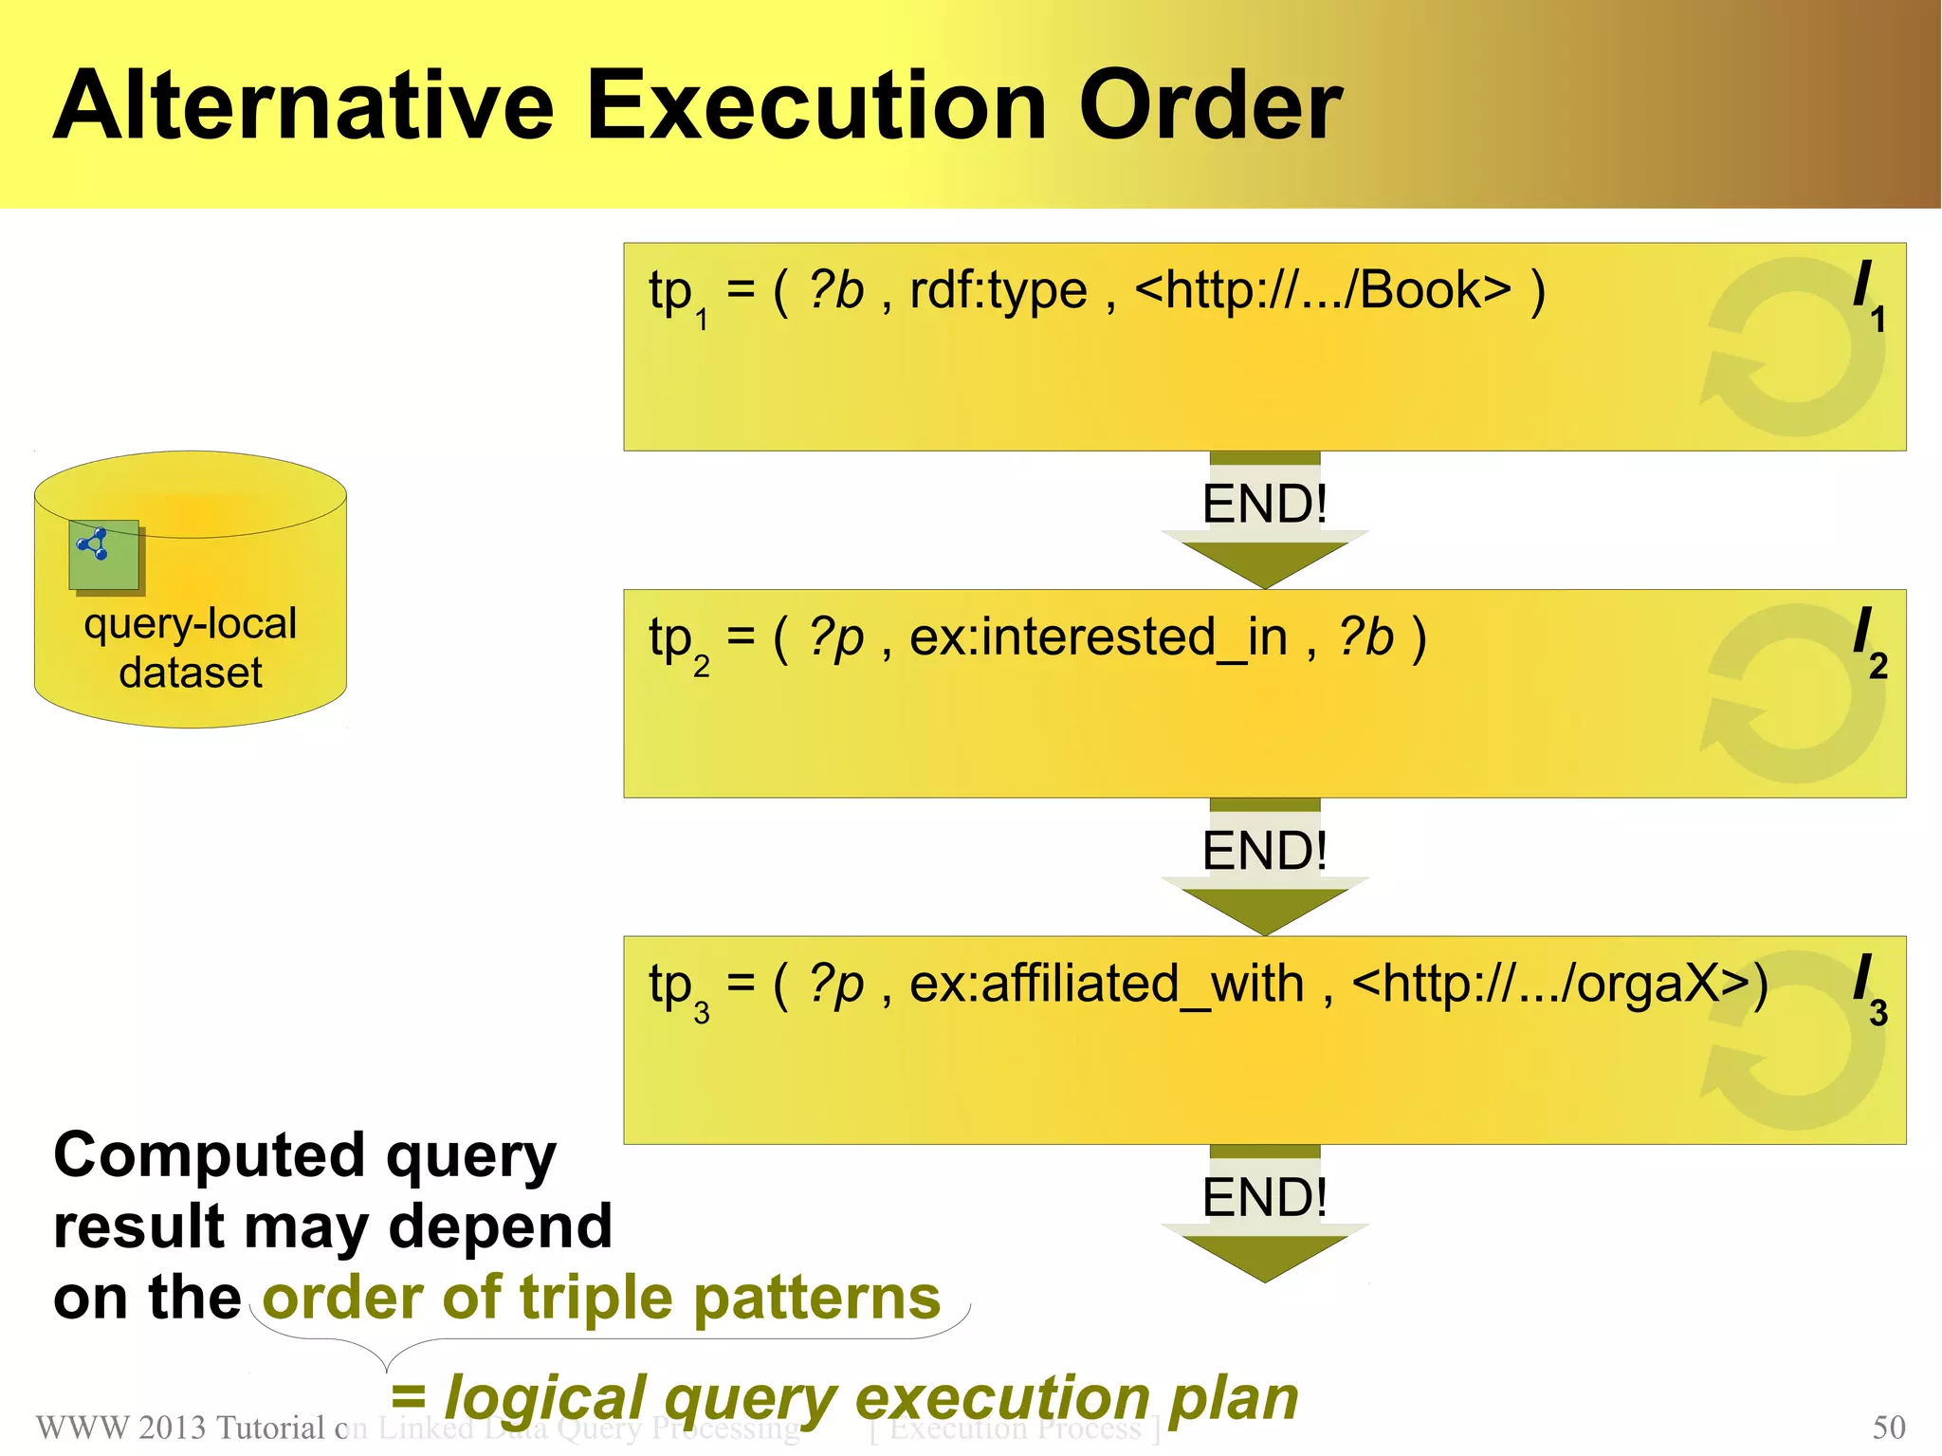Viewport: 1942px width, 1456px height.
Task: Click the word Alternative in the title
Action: click(x=303, y=106)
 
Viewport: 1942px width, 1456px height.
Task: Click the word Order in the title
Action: click(x=1210, y=106)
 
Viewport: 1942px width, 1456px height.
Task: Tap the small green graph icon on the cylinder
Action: click(x=103, y=554)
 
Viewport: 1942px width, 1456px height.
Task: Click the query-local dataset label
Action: click(x=191, y=648)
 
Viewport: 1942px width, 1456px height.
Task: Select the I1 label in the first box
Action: click(x=1868, y=295)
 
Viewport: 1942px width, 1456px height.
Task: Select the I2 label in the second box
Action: click(x=1868, y=642)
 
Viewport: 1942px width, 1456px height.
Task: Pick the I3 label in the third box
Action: click(x=1868, y=989)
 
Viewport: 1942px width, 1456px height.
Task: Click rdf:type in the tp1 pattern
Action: click(x=998, y=290)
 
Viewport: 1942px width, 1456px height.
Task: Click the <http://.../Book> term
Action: click(x=1323, y=290)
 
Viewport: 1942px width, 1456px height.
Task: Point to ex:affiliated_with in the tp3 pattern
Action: click(x=1106, y=985)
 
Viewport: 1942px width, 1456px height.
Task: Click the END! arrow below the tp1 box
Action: click(x=1264, y=522)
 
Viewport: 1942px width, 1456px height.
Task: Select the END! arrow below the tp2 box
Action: click(x=1264, y=868)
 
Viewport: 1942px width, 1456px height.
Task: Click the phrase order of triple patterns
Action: click(x=601, y=1298)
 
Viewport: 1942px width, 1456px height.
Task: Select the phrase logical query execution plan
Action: click(x=870, y=1398)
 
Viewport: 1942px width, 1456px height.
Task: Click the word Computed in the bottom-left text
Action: click(x=209, y=1156)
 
